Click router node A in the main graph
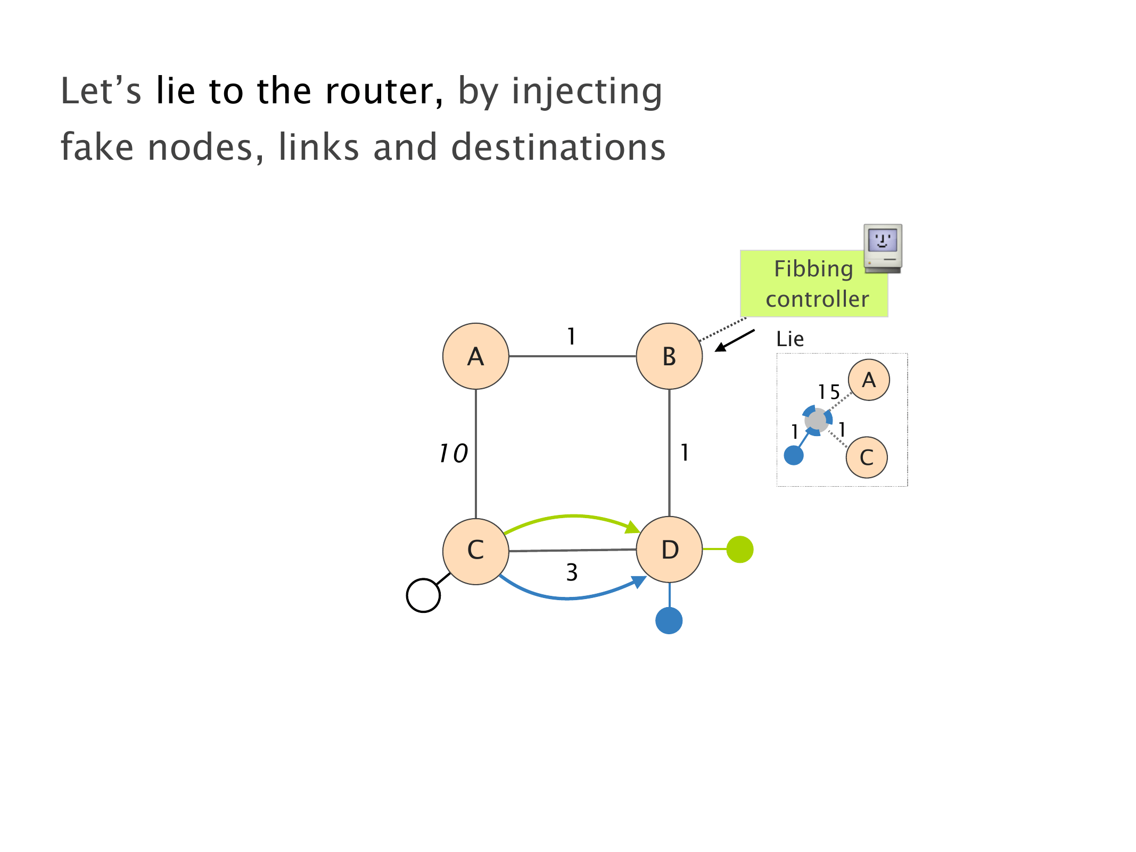tap(475, 356)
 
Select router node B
tap(669, 356)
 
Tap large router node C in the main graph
tap(475, 551)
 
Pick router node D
tap(669, 550)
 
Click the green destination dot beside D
tap(739, 549)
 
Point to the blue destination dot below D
tap(669, 620)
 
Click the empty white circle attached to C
tap(423, 595)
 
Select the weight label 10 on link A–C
tap(453, 454)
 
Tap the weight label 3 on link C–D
tap(572, 572)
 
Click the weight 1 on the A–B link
tap(571, 337)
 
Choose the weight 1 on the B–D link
tap(685, 453)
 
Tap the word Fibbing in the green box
tap(813, 269)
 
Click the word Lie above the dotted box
tap(789, 339)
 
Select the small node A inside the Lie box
tap(869, 380)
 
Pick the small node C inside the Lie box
tap(867, 457)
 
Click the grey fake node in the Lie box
tap(817, 421)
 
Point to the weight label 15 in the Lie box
tap(829, 392)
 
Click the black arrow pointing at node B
tap(735, 340)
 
